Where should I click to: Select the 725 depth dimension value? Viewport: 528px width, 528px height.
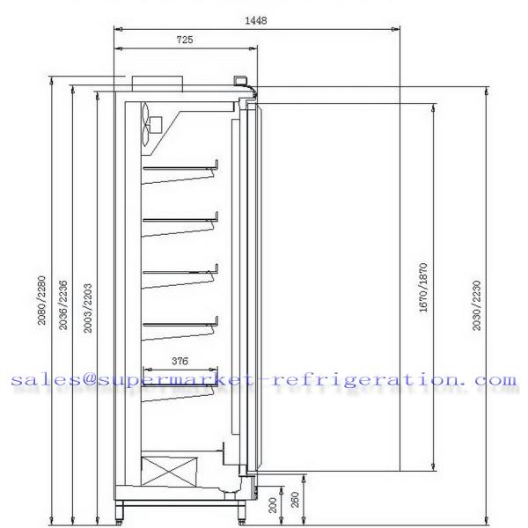coord(185,40)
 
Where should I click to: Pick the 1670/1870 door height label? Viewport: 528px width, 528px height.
coord(423,288)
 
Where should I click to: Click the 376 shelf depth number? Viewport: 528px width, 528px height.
coord(180,360)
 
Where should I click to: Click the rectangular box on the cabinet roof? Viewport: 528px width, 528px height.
coord(157,82)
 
